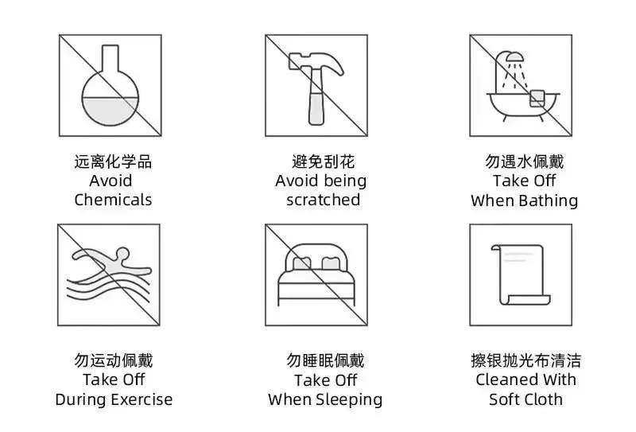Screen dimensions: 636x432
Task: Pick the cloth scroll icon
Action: pyautogui.click(x=521, y=274)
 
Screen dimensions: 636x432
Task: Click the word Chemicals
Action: pyautogui.click(x=113, y=200)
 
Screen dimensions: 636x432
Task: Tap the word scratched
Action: pyautogui.click(x=324, y=200)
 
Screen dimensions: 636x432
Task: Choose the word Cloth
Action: pyautogui.click(x=542, y=399)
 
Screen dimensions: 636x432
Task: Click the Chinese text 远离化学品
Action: pyautogui.click(x=113, y=162)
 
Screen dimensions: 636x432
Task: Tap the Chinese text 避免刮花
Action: pyautogui.click(x=324, y=162)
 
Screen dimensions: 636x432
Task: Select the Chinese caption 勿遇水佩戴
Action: pyautogui.click(x=525, y=162)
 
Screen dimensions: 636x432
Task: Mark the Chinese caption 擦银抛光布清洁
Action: pyautogui.click(x=525, y=360)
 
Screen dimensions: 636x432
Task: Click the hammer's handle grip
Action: pyautogui.click(x=316, y=108)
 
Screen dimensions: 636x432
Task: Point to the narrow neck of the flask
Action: pyautogui.click(x=110, y=57)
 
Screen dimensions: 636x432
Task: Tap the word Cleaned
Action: pyautogui.click(x=503, y=379)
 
